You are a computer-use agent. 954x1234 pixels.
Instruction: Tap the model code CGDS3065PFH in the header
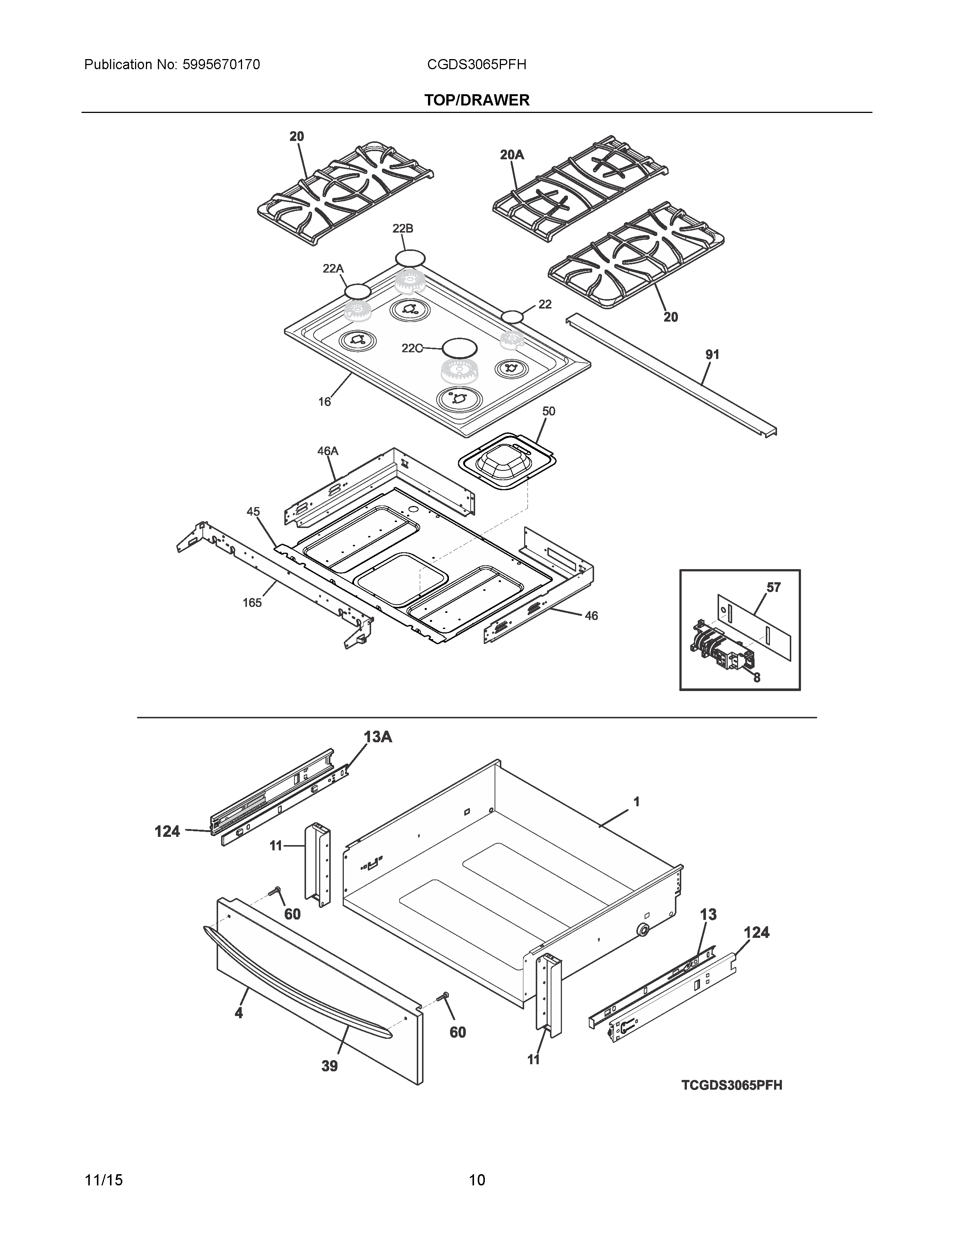tap(476, 65)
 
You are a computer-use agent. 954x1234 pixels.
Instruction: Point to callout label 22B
tap(403, 228)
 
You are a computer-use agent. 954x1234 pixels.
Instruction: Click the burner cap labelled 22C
tap(459, 347)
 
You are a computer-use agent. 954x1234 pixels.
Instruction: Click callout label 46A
tap(327, 451)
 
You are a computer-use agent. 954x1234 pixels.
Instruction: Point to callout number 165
tap(252, 602)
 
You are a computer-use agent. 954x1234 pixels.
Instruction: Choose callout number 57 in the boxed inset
tap(773, 587)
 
